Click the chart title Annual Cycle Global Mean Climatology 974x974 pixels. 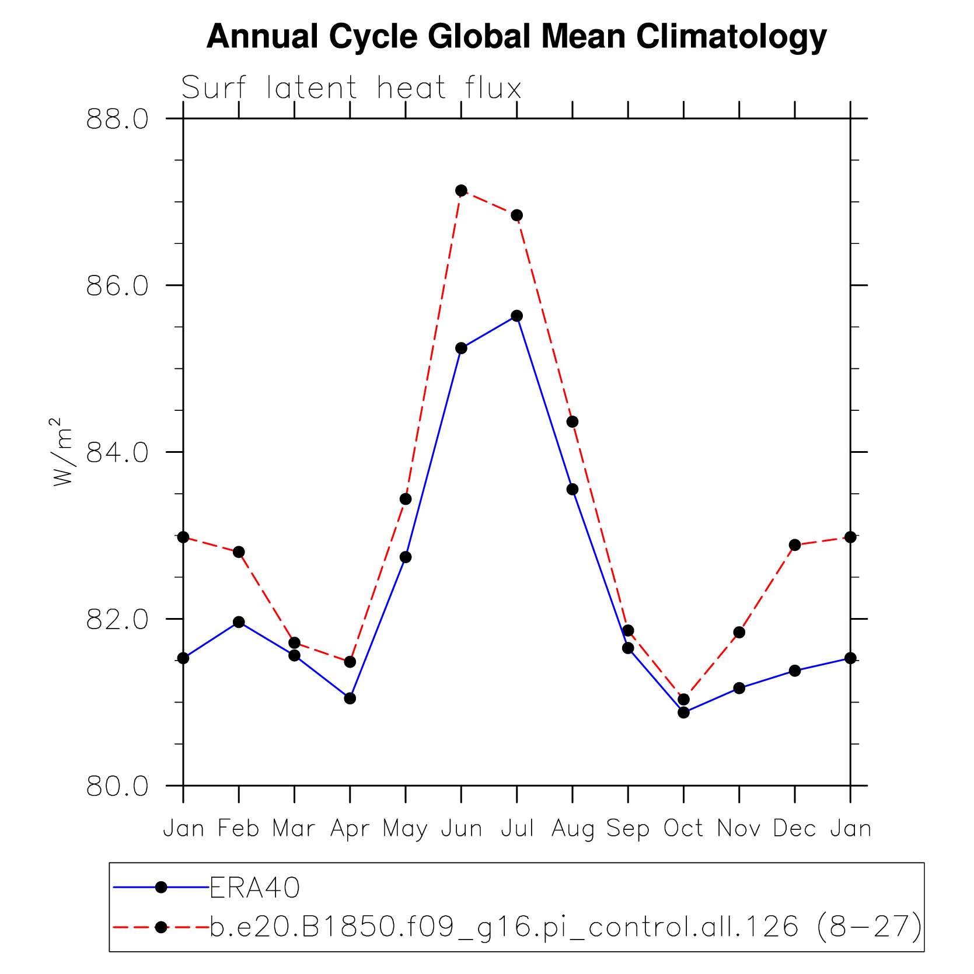point(516,36)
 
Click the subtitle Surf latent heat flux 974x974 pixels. point(351,88)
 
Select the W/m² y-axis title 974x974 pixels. point(62,452)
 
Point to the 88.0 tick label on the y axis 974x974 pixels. point(117,119)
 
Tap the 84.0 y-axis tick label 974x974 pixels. point(117,452)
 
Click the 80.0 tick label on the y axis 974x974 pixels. point(117,786)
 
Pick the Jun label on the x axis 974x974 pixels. point(461,828)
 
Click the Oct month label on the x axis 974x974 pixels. point(683,828)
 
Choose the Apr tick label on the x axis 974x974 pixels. point(350,829)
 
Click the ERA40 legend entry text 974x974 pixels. point(255,888)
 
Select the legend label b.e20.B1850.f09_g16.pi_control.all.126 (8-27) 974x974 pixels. point(565,927)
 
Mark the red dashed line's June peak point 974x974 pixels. point(461,190)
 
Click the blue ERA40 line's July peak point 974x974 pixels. point(516,316)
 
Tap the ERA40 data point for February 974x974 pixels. point(239,622)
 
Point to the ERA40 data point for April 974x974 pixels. point(350,698)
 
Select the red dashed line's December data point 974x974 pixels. point(795,545)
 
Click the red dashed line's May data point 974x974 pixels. point(406,499)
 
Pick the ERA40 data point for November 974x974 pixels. point(739,688)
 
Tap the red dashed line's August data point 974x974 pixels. point(572,422)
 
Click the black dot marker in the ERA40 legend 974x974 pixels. point(162,888)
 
